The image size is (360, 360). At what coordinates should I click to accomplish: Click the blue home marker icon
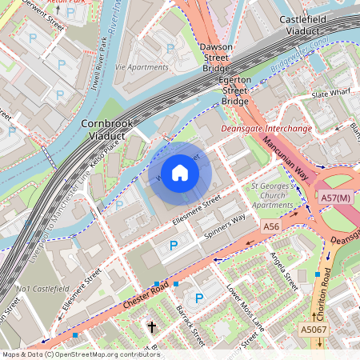(180, 173)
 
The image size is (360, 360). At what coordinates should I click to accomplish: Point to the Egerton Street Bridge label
(235, 90)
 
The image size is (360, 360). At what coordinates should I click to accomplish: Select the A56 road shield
(271, 228)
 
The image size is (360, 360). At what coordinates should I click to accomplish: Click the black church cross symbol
(152, 326)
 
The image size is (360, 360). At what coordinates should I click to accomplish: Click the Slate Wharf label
(330, 94)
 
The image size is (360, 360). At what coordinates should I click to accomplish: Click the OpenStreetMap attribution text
(80, 354)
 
